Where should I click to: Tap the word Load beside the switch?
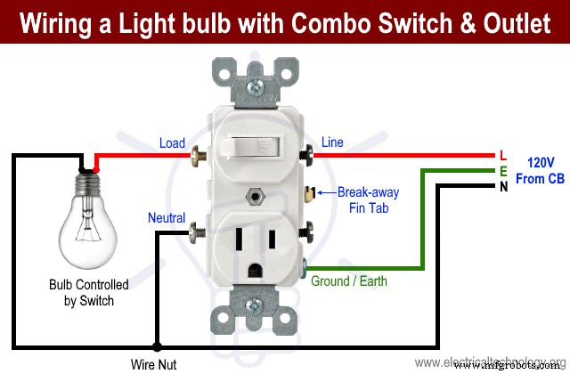172,143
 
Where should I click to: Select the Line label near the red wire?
332,142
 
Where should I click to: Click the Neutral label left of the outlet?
167,218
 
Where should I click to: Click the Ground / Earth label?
349,281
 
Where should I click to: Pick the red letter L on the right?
503,155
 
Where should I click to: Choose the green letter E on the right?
503,170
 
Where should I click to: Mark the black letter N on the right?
503,186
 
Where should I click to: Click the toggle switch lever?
253,147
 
